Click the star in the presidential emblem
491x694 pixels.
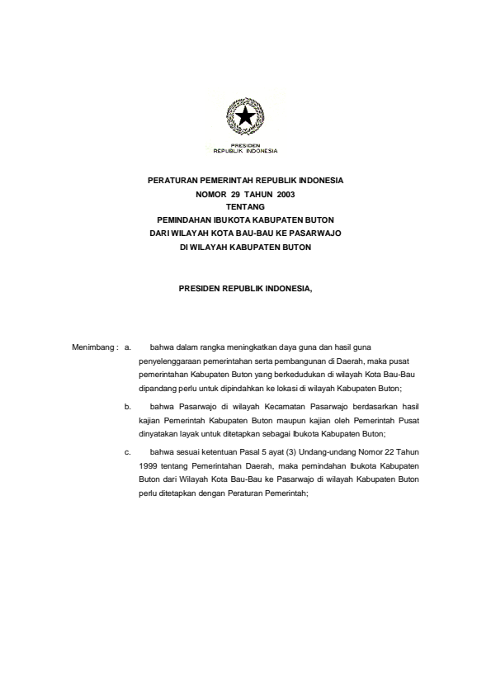click(245, 118)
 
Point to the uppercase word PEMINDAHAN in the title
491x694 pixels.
click(184, 220)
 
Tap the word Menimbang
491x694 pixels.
click(92, 348)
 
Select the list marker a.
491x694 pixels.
click(127, 348)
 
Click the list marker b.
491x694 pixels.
click(127, 407)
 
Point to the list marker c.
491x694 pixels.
click(127, 452)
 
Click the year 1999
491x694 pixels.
click(148, 465)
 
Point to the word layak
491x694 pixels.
click(186, 433)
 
